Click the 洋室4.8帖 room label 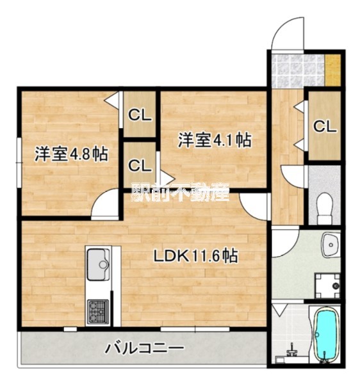71,154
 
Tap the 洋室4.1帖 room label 215,140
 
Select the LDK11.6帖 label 195,256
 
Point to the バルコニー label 144,348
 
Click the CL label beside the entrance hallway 325,127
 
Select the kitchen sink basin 98,264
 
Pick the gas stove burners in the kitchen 98,312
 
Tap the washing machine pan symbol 328,285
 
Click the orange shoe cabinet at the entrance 333,70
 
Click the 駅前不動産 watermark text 181,192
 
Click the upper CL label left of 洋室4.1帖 140,115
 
